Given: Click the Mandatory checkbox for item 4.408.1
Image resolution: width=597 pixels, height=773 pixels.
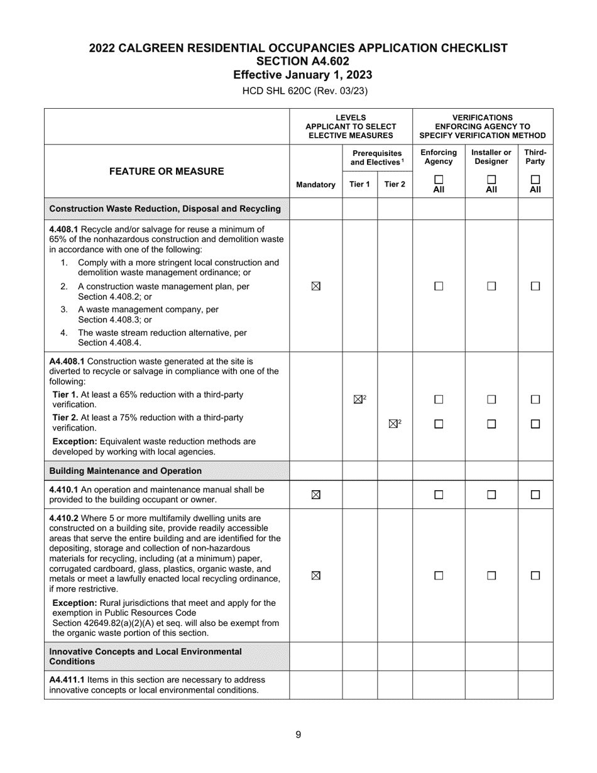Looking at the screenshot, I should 315,286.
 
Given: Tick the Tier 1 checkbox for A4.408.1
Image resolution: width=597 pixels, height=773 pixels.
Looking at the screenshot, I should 358,399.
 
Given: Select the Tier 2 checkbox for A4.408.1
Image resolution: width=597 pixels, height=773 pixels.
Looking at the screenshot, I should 393,424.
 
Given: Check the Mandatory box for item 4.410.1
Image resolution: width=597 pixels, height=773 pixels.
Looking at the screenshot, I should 315,495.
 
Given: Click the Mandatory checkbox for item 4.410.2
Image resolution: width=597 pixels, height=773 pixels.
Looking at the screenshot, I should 315,575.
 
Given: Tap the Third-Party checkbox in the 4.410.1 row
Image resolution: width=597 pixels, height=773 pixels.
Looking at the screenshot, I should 535,495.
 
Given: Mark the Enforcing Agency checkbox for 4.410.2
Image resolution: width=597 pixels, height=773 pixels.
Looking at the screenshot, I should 439,575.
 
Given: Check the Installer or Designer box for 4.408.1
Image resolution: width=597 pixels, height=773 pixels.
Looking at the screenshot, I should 491,286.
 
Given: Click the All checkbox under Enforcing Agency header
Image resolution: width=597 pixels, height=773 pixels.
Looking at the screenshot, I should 439,179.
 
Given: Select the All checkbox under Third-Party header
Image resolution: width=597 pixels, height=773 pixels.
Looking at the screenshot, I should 535,179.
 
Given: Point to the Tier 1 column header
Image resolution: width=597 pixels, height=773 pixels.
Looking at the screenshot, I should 359,185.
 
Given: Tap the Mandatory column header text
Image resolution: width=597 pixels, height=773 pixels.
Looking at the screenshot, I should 315,185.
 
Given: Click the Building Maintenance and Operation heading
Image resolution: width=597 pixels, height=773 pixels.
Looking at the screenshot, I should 125,471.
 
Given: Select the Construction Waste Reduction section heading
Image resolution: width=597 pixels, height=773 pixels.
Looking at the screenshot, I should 165,209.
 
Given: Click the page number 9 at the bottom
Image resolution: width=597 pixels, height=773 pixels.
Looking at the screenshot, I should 298,735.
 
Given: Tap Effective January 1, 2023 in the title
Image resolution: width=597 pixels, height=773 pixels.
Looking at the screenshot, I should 302,75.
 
